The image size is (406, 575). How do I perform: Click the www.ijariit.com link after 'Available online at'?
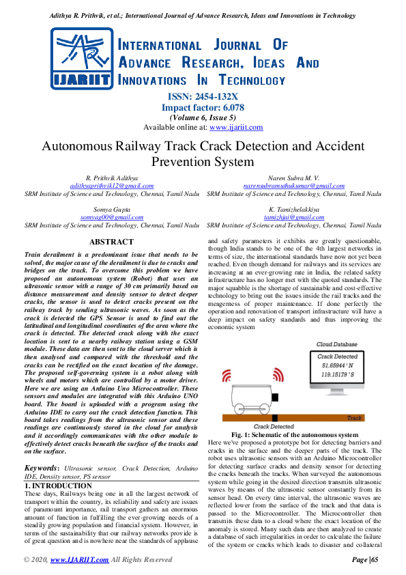click(236, 128)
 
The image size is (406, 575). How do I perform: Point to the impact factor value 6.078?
click(231, 107)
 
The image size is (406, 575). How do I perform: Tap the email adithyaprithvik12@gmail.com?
click(112, 186)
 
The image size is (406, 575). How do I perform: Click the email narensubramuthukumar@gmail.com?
click(294, 186)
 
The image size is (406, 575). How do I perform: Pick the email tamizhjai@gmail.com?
click(294, 217)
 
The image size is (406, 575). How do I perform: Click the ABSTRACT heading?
click(112, 242)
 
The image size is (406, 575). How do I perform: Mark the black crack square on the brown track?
click(274, 418)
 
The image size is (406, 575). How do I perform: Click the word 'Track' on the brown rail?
click(355, 418)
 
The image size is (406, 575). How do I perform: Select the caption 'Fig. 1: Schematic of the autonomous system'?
click(294, 434)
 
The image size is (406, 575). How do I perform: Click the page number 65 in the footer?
click(376, 560)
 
